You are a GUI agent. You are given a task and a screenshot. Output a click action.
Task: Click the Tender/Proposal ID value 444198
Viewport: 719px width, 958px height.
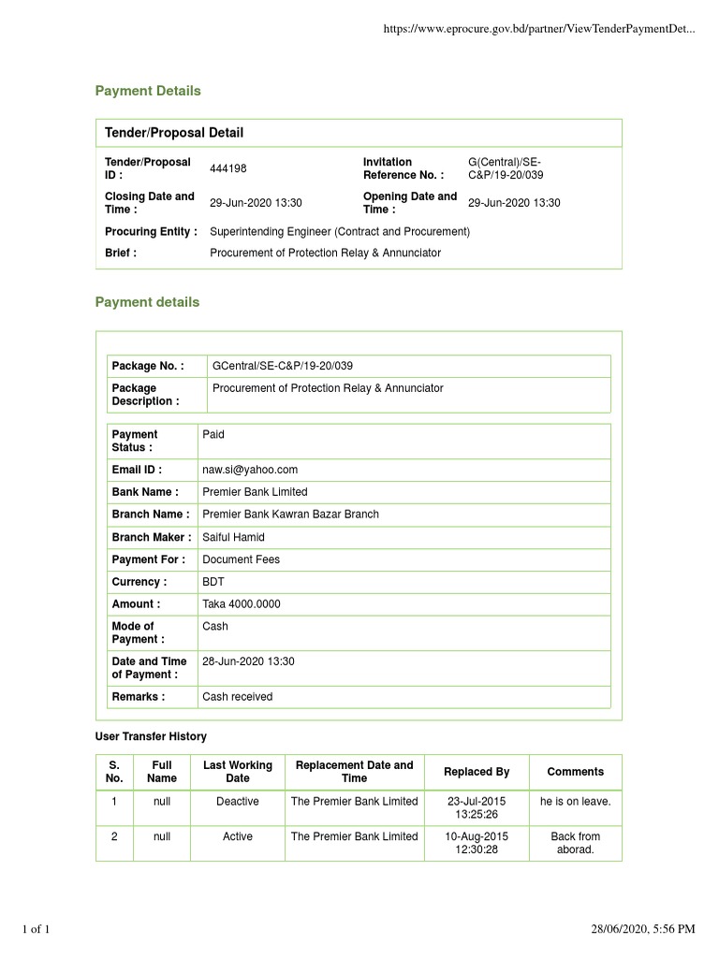227,168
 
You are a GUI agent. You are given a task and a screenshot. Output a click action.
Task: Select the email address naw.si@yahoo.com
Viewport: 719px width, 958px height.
250,470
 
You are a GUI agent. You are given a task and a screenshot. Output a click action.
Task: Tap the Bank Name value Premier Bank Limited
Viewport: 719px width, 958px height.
255,492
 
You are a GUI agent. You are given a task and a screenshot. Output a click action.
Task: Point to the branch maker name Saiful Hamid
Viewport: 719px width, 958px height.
233,537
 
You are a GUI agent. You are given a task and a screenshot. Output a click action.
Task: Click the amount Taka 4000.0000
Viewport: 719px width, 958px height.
241,604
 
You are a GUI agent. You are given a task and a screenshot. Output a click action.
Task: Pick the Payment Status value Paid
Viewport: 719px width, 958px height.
213,434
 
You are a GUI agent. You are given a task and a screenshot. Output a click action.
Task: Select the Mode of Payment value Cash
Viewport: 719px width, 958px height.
215,626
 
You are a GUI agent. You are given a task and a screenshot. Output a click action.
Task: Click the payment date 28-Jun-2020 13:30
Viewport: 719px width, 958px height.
248,661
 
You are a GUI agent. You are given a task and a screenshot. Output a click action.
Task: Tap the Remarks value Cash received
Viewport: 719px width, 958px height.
238,697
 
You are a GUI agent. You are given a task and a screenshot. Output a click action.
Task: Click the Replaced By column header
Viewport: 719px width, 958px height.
477,772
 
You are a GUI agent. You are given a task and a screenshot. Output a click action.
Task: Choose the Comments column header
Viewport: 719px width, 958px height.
575,772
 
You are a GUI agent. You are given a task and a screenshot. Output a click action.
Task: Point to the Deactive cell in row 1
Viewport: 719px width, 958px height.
238,802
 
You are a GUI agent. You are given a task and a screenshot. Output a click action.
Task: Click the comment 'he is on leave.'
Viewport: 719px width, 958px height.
575,802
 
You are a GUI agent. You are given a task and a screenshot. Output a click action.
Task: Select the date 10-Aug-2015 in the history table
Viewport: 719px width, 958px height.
477,836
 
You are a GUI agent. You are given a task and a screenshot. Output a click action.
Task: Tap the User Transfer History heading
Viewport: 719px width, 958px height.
151,737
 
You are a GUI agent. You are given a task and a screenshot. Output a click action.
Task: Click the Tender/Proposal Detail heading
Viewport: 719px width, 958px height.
174,133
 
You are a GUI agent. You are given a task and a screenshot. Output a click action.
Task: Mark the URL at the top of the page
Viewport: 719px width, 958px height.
539,30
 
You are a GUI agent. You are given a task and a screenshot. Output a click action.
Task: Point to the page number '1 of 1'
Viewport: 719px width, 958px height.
36,929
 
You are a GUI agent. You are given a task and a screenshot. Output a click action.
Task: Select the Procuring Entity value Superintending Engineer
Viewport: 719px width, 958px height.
339,231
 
